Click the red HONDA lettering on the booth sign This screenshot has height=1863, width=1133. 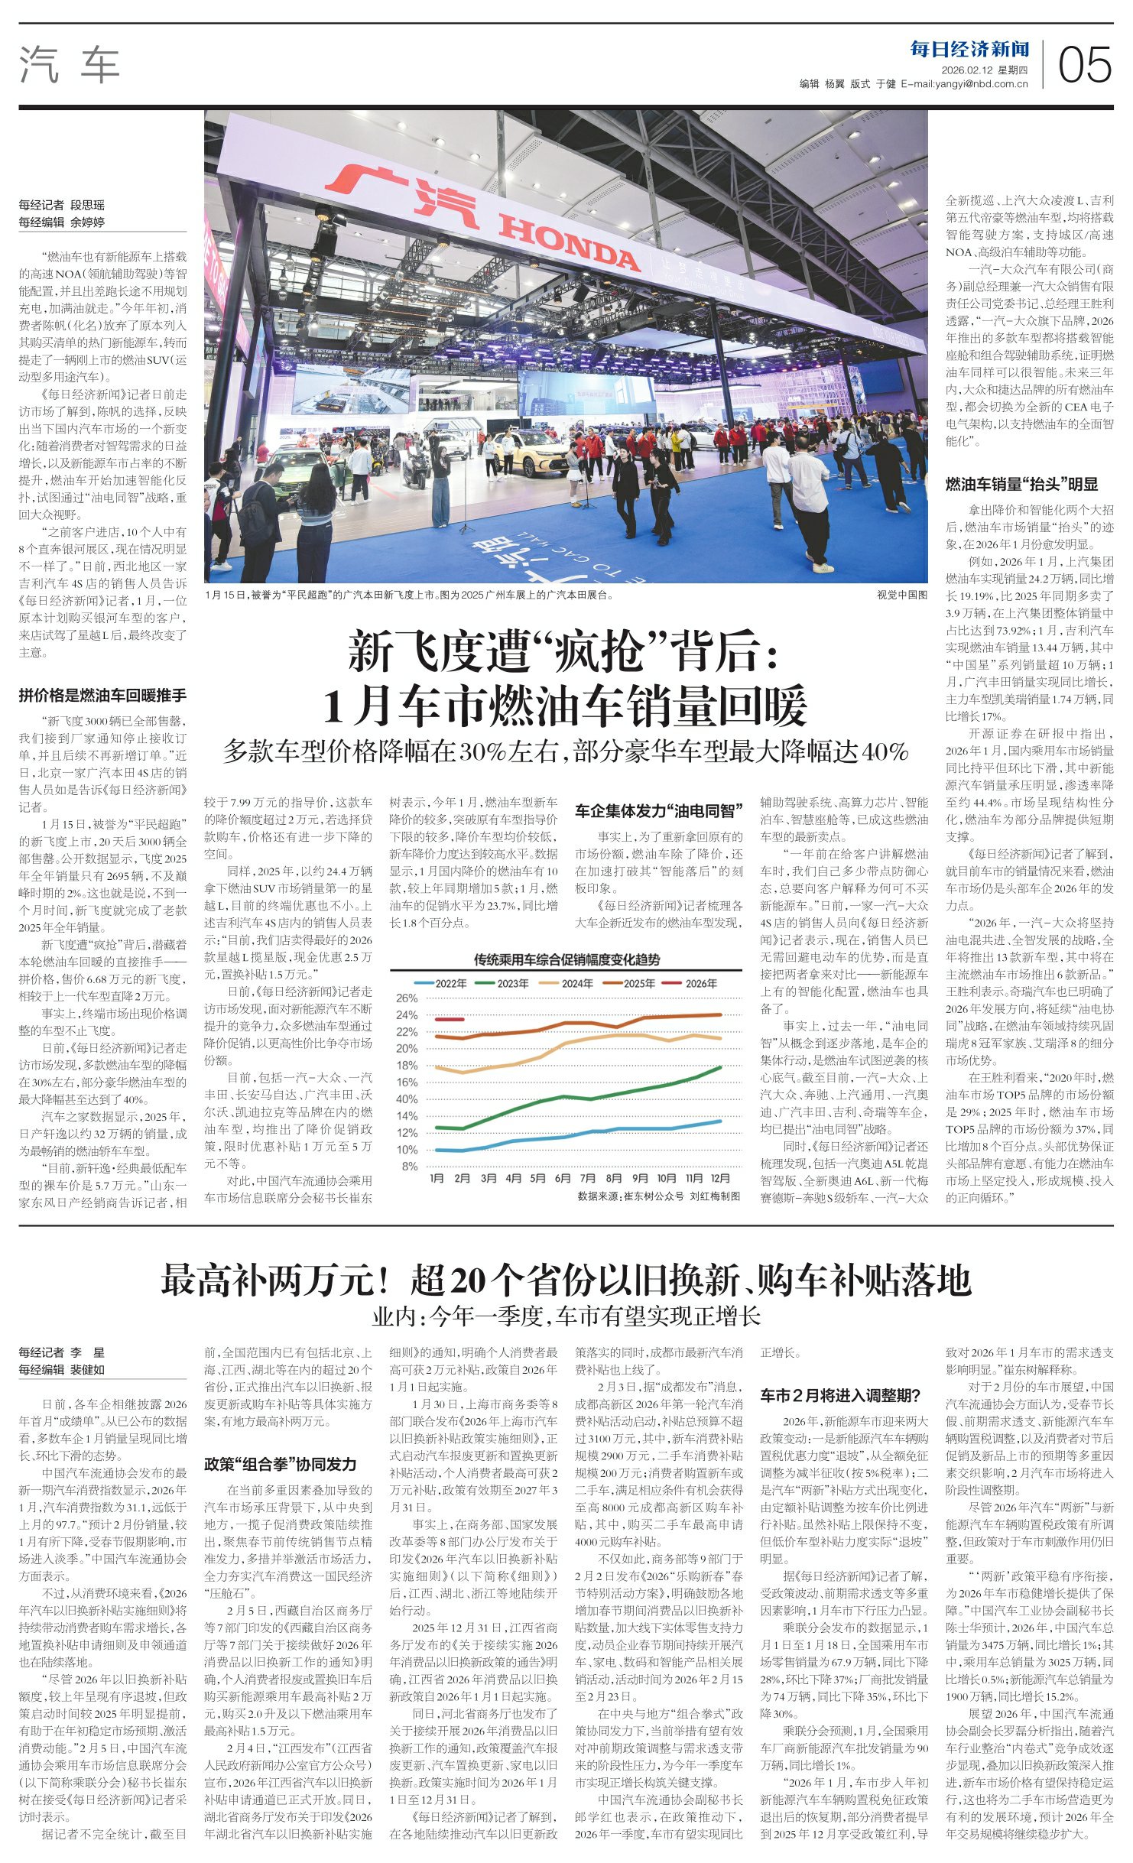point(569,244)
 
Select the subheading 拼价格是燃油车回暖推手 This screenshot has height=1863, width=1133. point(102,695)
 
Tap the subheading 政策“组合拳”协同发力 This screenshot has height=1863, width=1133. point(281,1464)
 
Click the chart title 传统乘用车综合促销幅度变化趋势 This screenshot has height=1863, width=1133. point(566,959)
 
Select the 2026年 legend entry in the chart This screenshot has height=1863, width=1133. point(690,983)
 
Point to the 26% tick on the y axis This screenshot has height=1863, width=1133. point(407,998)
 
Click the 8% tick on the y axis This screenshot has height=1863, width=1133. point(410,1167)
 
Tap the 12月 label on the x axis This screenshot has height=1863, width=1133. point(720,1178)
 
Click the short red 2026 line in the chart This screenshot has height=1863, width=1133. point(449,1019)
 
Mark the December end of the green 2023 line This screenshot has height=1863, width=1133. point(720,1067)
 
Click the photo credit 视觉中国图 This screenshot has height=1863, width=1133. point(902,594)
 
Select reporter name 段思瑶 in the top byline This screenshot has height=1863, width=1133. point(87,205)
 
